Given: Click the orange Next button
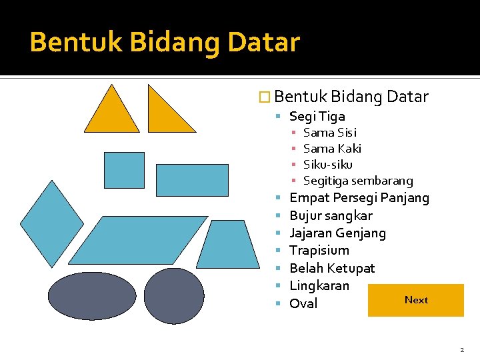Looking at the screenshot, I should pyautogui.click(x=417, y=300).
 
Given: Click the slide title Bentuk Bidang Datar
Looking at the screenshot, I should pyautogui.click(x=165, y=42).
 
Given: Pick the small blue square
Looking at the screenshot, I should pyautogui.click(x=124, y=170).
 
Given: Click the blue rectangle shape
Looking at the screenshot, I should pyautogui.click(x=191, y=180).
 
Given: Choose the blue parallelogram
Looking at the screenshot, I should pyautogui.click(x=138, y=240).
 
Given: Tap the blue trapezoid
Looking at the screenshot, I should pyautogui.click(x=227, y=245).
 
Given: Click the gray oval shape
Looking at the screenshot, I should pyautogui.click(x=92, y=295).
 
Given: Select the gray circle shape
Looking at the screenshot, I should pyautogui.click(x=173, y=296).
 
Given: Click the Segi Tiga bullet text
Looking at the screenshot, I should pyautogui.click(x=317, y=117).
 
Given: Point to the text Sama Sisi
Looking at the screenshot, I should pyautogui.click(x=329, y=133).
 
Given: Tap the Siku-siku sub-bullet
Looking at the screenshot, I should pyautogui.click(x=327, y=165).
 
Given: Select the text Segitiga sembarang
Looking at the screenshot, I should pyautogui.click(x=358, y=181).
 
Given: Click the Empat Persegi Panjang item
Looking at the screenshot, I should pyautogui.click(x=359, y=198).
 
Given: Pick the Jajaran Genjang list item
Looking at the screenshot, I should pyautogui.click(x=337, y=233).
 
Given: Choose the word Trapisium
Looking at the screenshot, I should pyautogui.click(x=319, y=251).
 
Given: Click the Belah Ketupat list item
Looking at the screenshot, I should pyautogui.click(x=332, y=269).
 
